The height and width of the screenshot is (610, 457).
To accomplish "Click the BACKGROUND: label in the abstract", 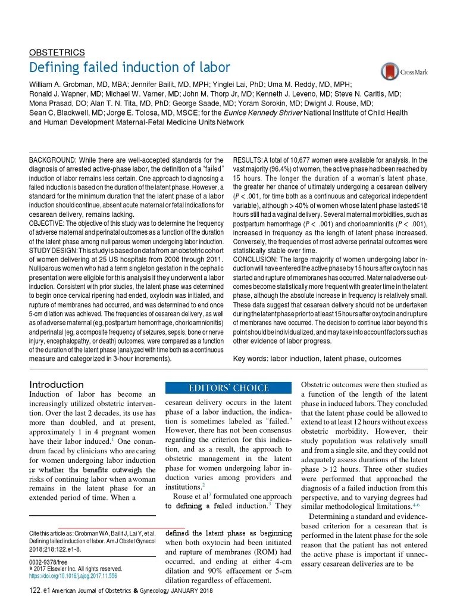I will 52,160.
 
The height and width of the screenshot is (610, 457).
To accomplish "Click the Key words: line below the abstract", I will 317,358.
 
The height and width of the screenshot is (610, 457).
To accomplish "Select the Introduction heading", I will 57,384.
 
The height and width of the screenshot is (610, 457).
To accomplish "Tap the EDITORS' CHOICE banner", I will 229,388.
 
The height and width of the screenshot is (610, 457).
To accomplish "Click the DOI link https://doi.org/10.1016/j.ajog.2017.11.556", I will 73,576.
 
